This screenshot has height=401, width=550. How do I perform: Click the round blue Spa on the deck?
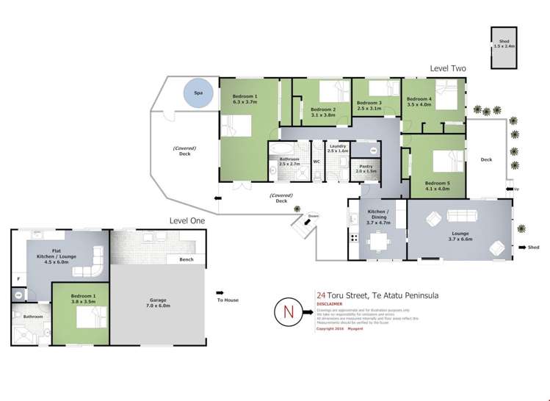198,94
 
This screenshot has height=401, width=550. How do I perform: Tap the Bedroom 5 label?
437,183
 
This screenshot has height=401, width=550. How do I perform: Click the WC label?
316,161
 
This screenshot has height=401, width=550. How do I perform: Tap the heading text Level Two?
448,68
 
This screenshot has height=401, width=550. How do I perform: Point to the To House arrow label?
227,300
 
